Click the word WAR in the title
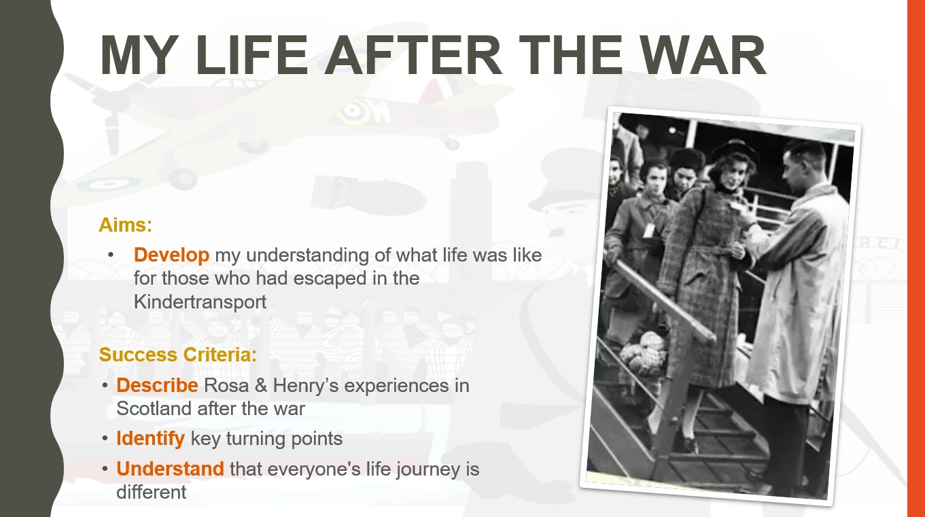pos(703,55)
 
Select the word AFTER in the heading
pos(413,55)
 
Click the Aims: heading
pos(126,225)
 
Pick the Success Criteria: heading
pos(178,355)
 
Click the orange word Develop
pos(171,255)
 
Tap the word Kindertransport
pos(200,302)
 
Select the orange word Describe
pos(157,386)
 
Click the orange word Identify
pos(150,439)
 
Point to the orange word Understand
pos(170,469)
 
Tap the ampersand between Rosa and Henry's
pos(261,386)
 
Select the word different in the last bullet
pos(151,493)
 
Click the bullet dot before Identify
pos(105,439)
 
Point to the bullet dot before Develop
pos(110,255)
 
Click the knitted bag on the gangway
pos(645,353)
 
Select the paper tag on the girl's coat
pos(649,230)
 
